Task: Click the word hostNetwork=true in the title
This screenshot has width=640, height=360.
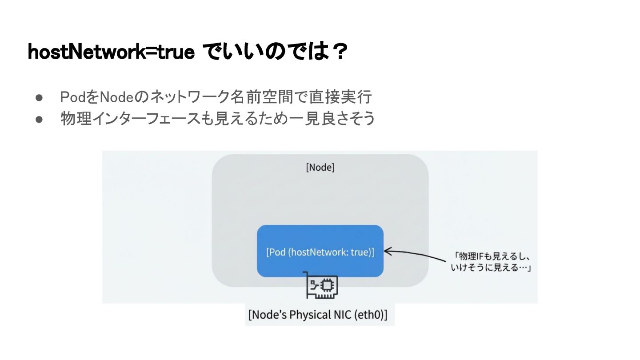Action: (111, 52)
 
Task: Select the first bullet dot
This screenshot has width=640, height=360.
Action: (39, 97)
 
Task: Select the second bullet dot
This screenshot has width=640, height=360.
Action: (39, 119)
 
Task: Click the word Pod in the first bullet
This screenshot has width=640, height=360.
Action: (70, 96)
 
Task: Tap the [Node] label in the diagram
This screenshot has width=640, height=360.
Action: (320, 168)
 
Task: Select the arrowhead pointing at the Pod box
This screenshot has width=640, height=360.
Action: (387, 252)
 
